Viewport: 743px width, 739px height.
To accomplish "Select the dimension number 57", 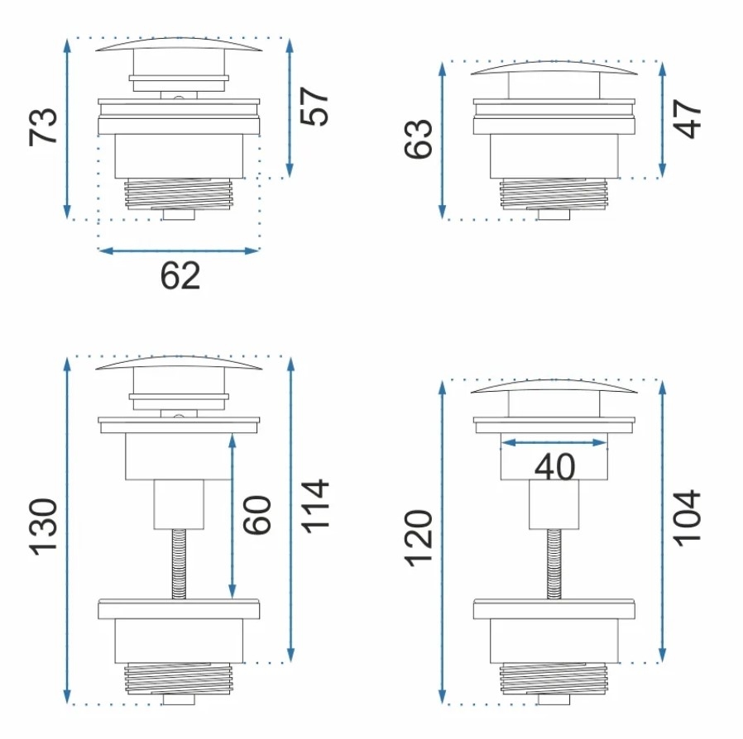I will [314, 106].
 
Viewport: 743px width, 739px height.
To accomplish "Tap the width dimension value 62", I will [180, 275].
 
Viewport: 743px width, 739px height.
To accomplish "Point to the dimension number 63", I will [419, 139].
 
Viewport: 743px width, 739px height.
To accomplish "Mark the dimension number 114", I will [315, 507].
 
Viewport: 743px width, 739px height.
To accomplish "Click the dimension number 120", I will [419, 538].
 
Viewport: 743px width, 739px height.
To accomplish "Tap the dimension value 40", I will [554, 468].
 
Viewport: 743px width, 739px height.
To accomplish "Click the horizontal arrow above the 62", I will [179, 250].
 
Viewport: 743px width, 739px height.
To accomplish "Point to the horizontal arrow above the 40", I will [554, 442].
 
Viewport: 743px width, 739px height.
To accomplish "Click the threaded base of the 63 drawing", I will [554, 194].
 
